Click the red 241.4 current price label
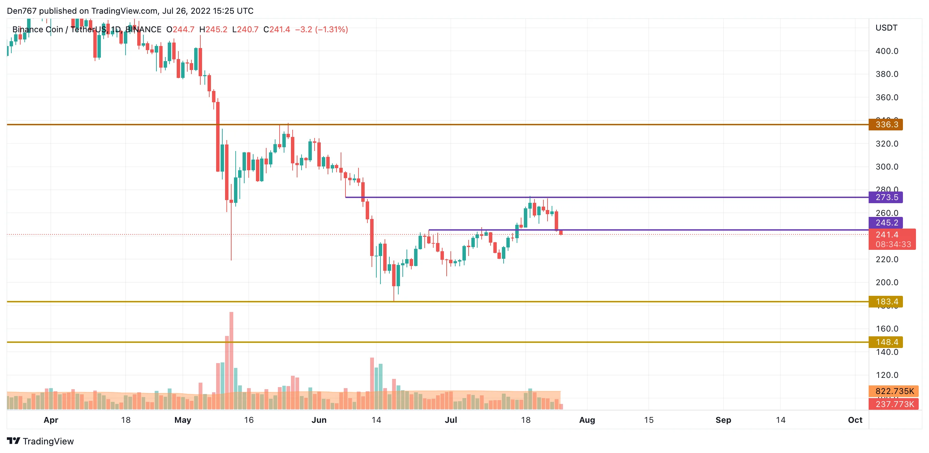pyautogui.click(x=892, y=235)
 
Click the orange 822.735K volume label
pyautogui.click(x=893, y=391)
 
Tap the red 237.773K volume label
pyautogui.click(x=893, y=404)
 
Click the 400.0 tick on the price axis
pyautogui.click(x=886, y=51)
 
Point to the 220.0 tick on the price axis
pyautogui.click(x=886, y=259)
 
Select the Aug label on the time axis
pyautogui.click(x=587, y=420)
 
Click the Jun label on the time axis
pyautogui.click(x=319, y=420)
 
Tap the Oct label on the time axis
pyautogui.click(x=855, y=420)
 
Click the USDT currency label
pyautogui.click(x=886, y=28)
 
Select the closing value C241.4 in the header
pyautogui.click(x=277, y=30)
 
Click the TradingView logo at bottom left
pyautogui.click(x=40, y=441)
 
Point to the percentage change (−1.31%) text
pyautogui.click(x=331, y=30)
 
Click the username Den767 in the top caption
pyautogui.click(x=22, y=11)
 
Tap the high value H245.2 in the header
pyautogui.click(x=213, y=30)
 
